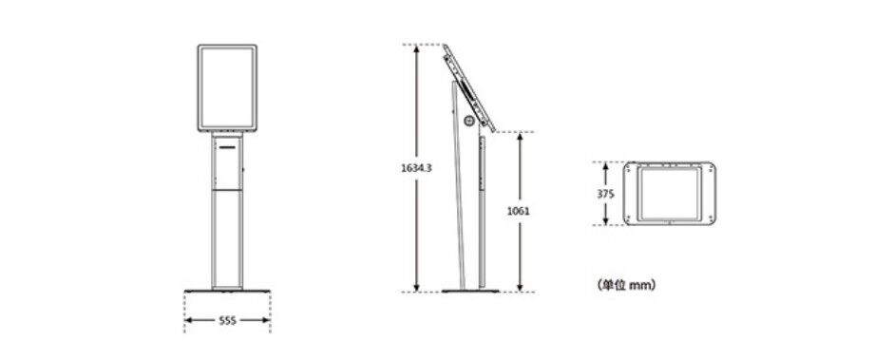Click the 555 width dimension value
pyautogui.click(x=227, y=320)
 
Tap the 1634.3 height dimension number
pyautogui.click(x=416, y=168)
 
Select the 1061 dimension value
pyautogui.click(x=519, y=211)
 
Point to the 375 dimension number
pyautogui.click(x=605, y=194)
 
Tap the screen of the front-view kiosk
pyautogui.click(x=227, y=87)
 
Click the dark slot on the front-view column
pyautogui.click(x=227, y=148)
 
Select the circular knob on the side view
pyautogui.click(x=469, y=120)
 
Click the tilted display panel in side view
pyautogui.click(x=468, y=87)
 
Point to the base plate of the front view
pyautogui.click(x=227, y=291)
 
